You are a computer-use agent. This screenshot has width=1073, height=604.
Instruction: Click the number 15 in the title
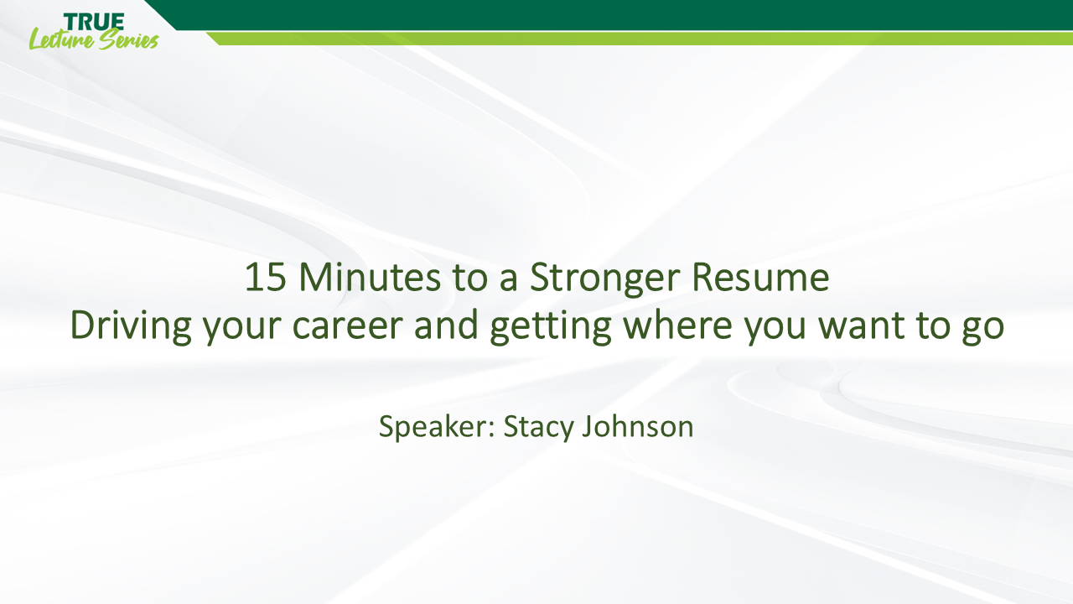pyautogui.click(x=264, y=279)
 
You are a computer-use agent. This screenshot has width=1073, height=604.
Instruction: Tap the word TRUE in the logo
pyautogui.click(x=94, y=20)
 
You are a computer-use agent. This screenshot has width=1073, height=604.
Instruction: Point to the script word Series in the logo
pyautogui.click(x=127, y=39)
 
